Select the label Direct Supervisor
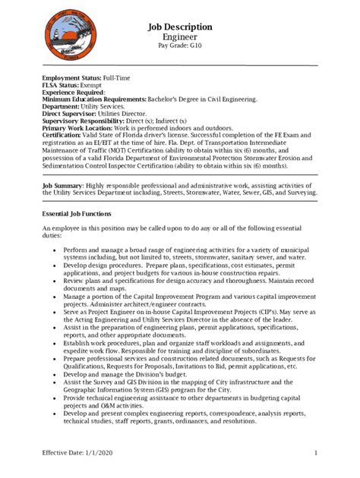pyautogui.click(x=74, y=113)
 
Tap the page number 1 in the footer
pyautogui.click(x=314, y=454)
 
